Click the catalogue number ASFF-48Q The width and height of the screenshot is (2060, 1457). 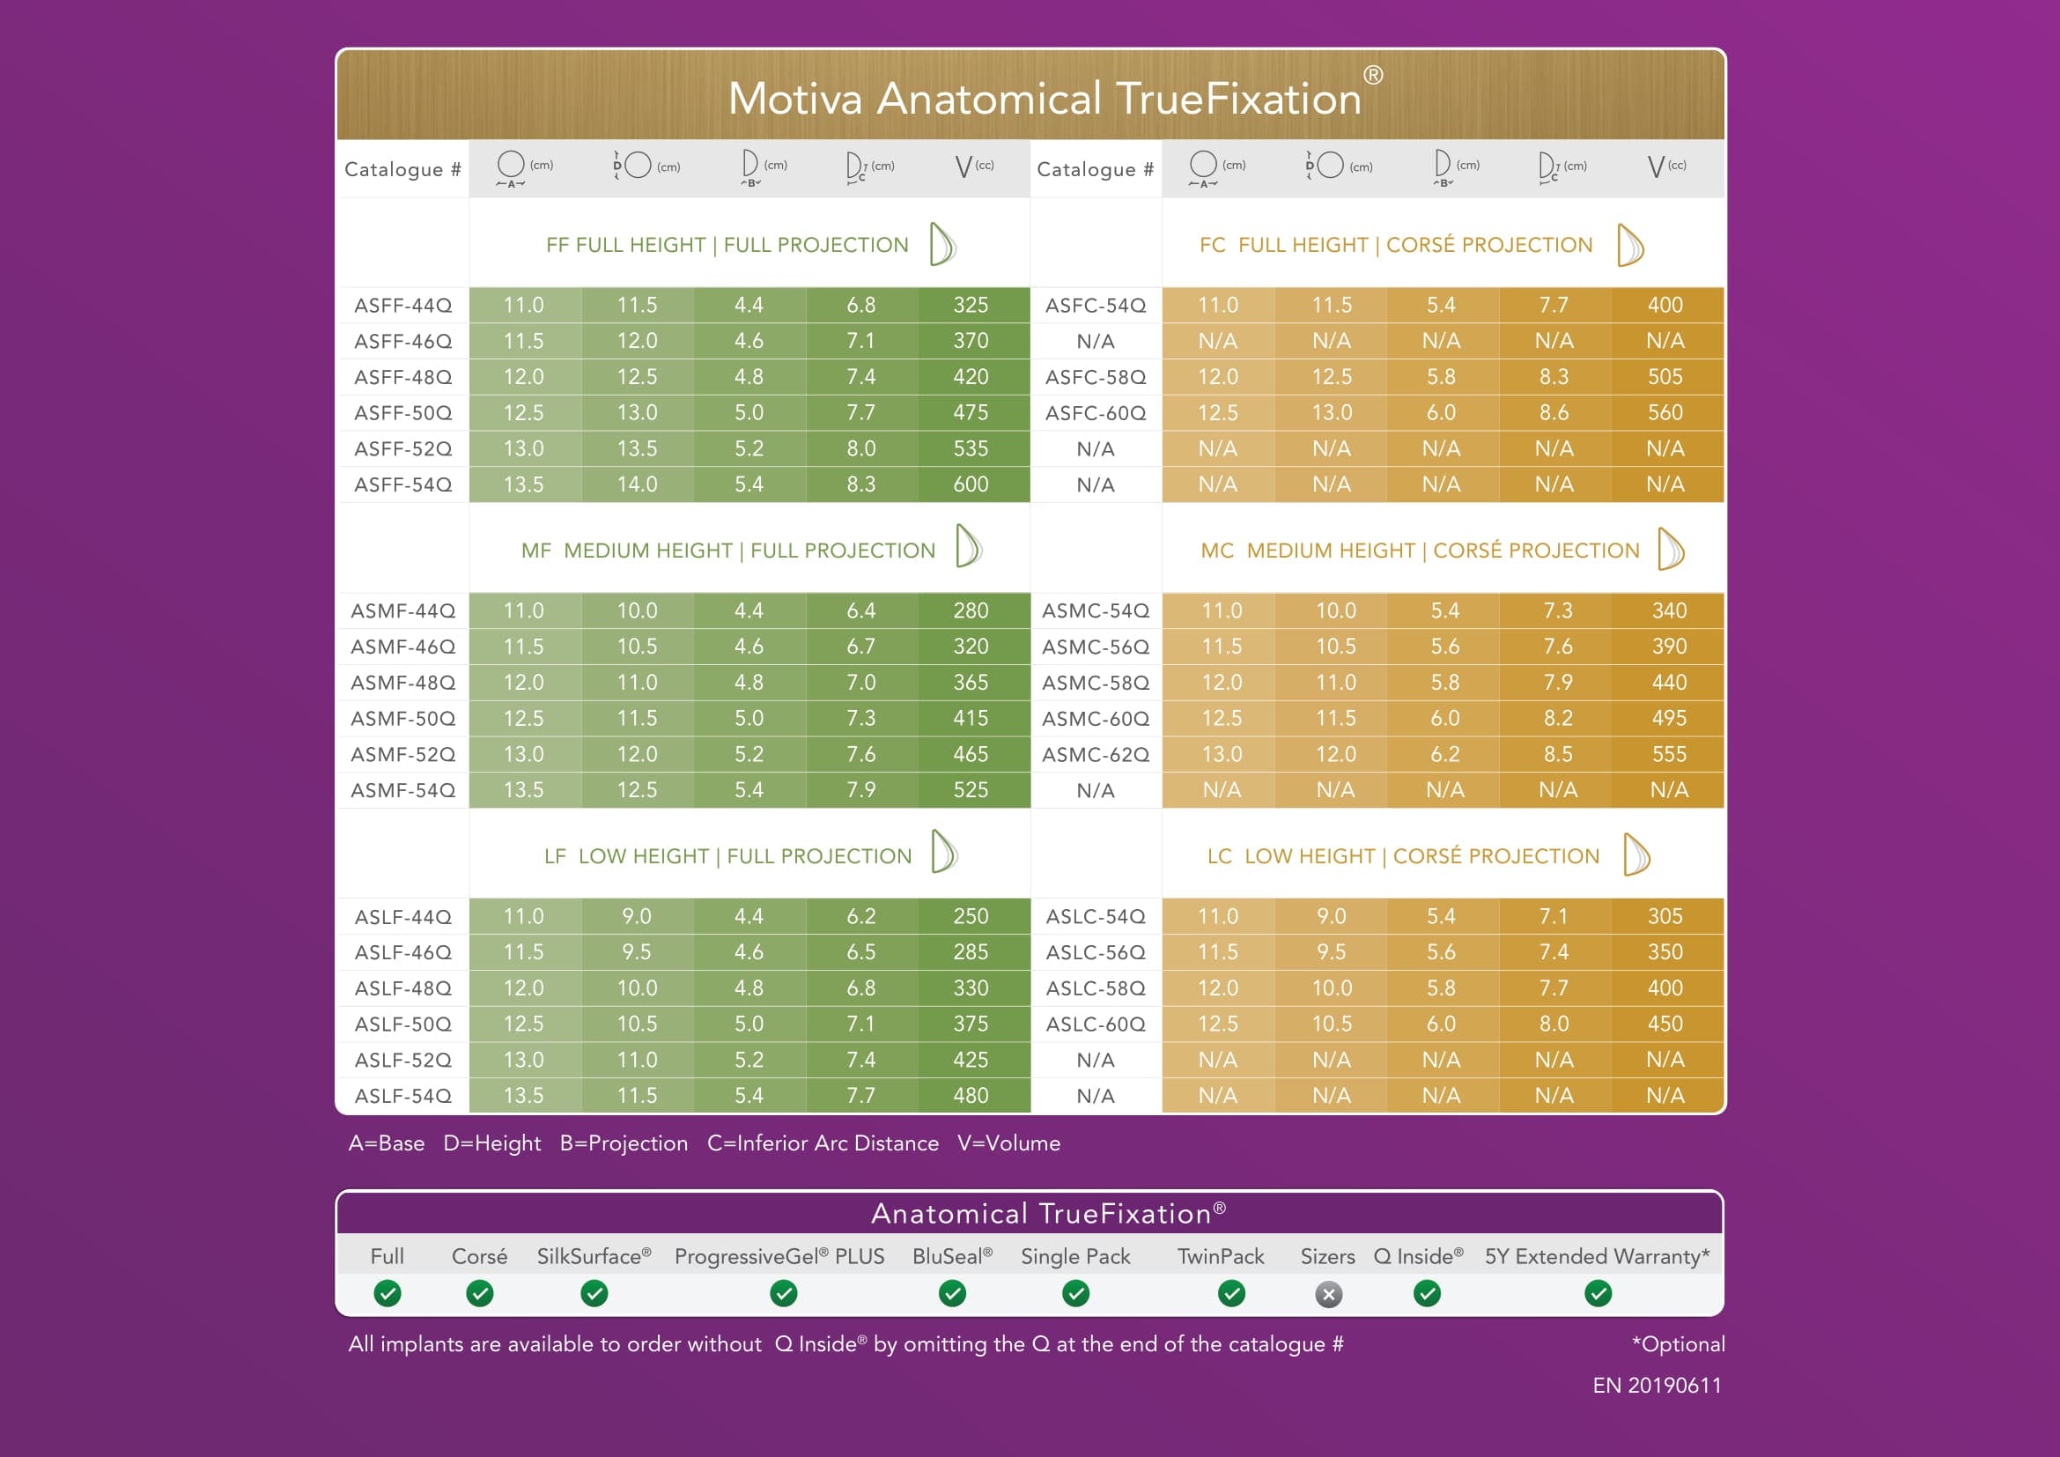402,377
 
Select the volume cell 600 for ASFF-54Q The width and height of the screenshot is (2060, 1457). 971,484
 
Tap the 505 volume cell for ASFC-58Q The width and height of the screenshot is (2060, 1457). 1665,377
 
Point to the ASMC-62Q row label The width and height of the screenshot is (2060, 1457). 1096,755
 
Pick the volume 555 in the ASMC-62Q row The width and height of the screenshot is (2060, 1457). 1669,755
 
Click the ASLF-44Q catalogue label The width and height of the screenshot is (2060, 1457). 402,917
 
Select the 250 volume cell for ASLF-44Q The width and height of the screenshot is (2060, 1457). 971,916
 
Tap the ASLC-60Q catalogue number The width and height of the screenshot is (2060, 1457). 1096,1024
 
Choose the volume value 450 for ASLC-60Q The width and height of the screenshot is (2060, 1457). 1665,1024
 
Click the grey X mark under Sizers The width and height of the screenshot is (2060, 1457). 1329,1295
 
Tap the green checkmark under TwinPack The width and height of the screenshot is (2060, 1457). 1232,1294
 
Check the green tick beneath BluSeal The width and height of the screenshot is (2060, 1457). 952,1294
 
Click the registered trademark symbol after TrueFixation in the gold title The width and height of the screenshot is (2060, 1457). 1373,76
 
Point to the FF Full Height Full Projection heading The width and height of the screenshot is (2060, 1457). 727,245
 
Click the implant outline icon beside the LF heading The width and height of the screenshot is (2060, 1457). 944,852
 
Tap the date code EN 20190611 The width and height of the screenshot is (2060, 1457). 1657,1387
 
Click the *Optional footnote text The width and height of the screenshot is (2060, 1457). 1678,1344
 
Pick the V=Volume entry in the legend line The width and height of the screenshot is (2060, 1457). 1008,1143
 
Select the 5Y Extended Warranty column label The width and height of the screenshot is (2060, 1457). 1597,1257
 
